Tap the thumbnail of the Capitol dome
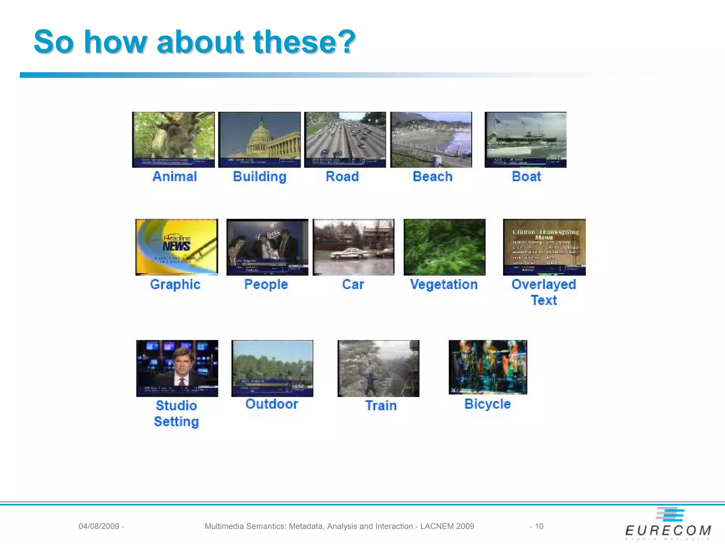pos(259,140)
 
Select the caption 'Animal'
pos(175,176)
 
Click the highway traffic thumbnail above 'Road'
pos(345,140)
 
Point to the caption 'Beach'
pos(433,176)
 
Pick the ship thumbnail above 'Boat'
pos(525,140)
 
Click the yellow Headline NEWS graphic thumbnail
pos(177,247)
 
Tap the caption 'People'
pos(266,284)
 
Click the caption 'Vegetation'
pos(444,284)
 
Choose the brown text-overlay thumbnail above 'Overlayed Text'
pos(544,247)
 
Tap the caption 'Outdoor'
pos(272,404)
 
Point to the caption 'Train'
pos(381,406)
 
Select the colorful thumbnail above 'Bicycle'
pos(488,367)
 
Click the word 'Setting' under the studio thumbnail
pos(176,421)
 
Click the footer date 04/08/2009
pos(99,526)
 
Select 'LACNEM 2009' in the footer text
pos(447,526)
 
